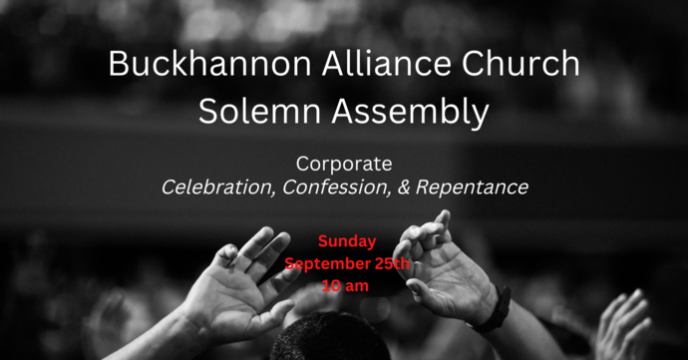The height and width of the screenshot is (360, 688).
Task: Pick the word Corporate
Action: (344, 163)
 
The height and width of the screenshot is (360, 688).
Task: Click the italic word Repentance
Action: (474, 186)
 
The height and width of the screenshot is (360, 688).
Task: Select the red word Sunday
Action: (347, 241)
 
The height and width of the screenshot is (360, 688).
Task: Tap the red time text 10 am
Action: (346, 285)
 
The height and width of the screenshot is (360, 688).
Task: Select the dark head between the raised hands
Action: (329, 339)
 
